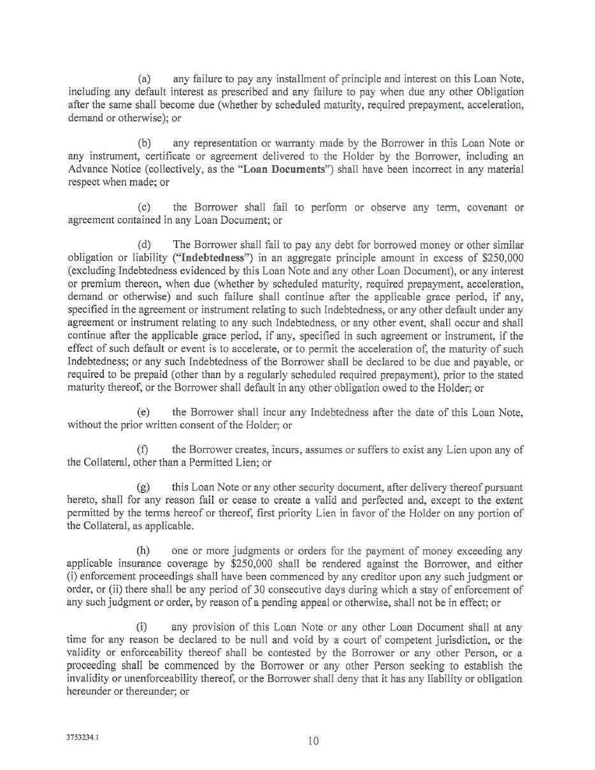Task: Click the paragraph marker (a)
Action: (x=143, y=79)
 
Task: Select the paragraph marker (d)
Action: (x=144, y=245)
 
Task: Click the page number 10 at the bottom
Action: (x=313, y=741)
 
